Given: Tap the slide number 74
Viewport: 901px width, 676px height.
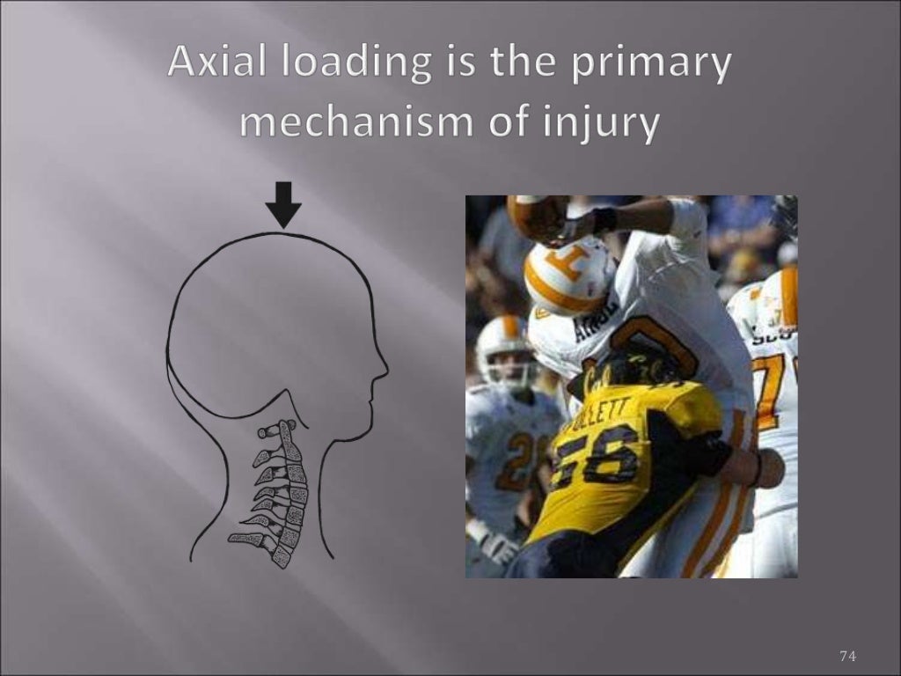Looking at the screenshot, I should [847, 656].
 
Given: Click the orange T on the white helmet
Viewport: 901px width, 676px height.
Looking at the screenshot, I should [563, 264].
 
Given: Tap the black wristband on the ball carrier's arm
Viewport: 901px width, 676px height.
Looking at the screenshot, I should [604, 220].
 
